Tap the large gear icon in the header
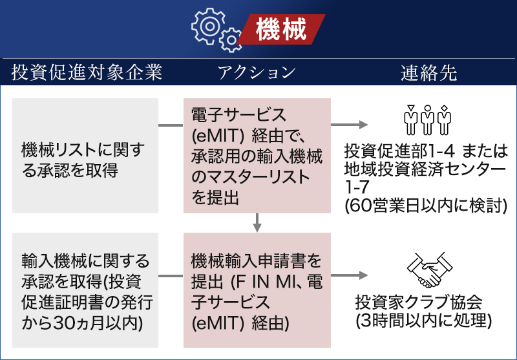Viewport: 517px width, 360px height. (x=209, y=25)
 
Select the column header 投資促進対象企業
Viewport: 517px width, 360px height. (x=86, y=72)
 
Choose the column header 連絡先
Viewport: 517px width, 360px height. (x=428, y=72)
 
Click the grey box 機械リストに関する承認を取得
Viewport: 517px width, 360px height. (x=85, y=156)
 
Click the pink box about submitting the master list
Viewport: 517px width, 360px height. (x=257, y=156)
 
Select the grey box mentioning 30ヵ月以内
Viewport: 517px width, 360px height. (x=85, y=290)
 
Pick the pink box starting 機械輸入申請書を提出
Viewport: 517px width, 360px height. (x=257, y=290)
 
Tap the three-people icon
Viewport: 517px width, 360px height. (x=427, y=117)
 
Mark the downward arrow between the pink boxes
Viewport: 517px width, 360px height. (x=257, y=222)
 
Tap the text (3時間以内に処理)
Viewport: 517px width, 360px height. (x=424, y=320)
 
